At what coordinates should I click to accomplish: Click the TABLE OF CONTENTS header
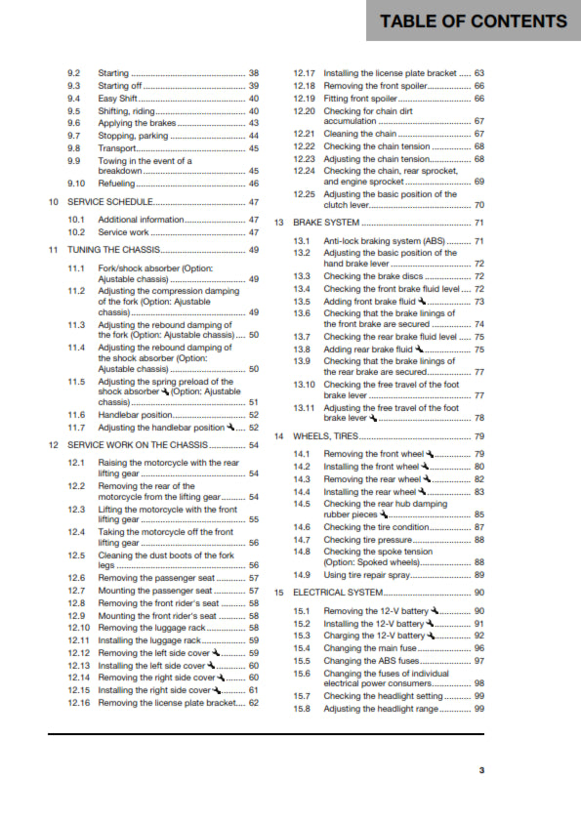(473, 21)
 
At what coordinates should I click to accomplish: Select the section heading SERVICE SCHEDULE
(110, 202)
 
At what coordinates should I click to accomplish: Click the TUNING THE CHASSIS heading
(118, 250)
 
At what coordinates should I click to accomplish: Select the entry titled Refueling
(118, 184)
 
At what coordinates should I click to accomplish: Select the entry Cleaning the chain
(360, 134)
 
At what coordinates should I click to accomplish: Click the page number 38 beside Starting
(254, 73)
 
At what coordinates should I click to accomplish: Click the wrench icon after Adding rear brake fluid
(419, 349)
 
